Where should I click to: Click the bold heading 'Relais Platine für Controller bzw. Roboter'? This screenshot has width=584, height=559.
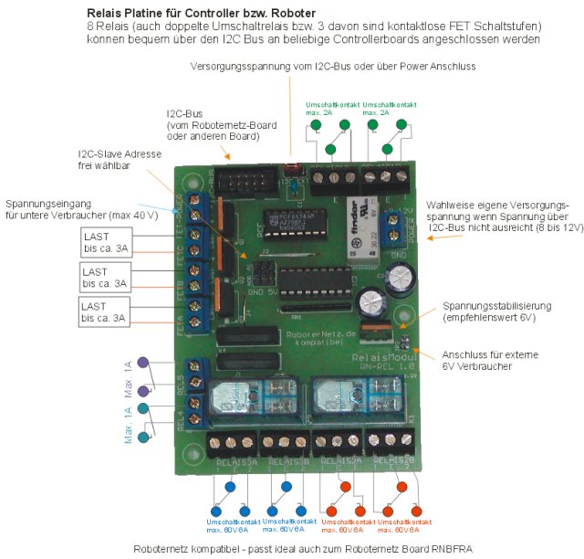202,14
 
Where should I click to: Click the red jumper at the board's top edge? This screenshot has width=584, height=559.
292,169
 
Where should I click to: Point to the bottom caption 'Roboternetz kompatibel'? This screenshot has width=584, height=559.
291,548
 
